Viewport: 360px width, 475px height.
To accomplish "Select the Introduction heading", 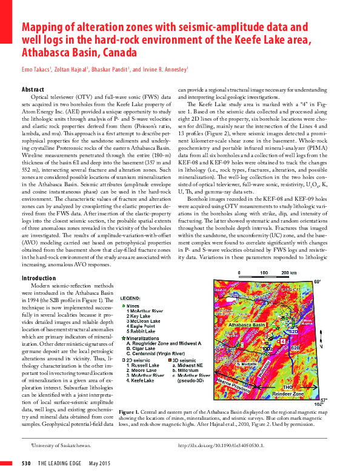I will (x=39, y=278).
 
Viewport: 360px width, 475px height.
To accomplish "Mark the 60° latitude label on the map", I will (x=316, y=281).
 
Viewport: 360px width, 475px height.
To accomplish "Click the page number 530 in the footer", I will (x=26, y=465).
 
